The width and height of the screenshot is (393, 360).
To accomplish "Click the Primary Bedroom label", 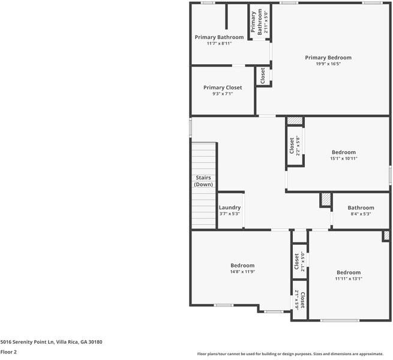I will (328, 58).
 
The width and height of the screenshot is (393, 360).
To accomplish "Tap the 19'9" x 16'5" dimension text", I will (328, 64).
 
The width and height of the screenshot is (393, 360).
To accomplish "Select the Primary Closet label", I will (223, 88).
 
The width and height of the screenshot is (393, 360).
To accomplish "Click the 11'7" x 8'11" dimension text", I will (219, 43).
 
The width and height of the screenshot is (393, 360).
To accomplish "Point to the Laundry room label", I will (229, 208).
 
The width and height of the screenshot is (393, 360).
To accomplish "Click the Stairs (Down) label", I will (203, 181).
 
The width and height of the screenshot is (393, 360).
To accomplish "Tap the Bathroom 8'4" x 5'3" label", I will (361, 208).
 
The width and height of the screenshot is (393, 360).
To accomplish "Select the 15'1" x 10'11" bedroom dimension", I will (344, 158).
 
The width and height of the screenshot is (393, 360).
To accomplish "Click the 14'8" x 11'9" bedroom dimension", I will (242, 272).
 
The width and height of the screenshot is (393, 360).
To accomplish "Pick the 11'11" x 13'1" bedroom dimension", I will (348, 278).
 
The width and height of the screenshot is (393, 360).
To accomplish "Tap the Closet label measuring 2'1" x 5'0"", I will (296, 261).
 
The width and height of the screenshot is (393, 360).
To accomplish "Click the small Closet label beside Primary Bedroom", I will (262, 76).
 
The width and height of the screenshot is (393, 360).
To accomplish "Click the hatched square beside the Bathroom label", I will (326, 199).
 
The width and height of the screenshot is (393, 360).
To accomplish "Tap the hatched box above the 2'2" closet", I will (295, 121).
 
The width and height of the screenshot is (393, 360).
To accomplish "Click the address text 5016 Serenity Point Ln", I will (51, 342).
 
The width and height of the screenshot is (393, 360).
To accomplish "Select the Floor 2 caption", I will (8, 352).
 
